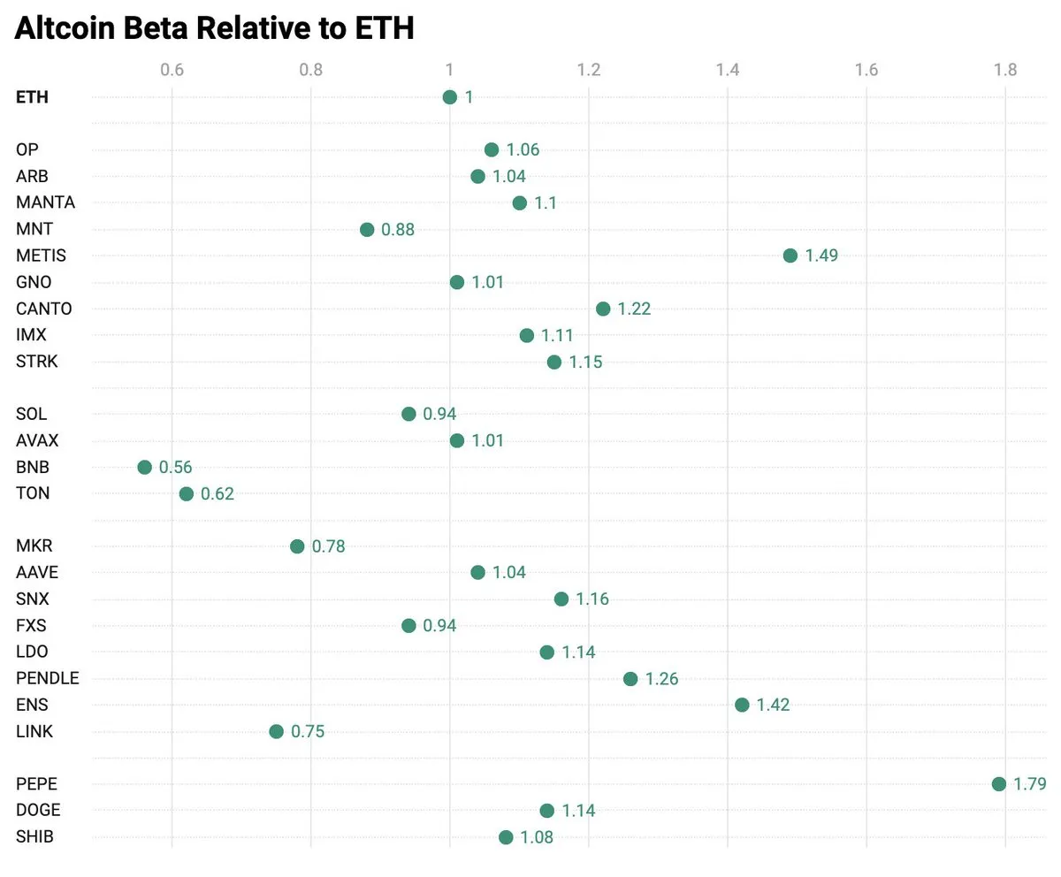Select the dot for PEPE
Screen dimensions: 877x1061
998,784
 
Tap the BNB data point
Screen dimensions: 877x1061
144,467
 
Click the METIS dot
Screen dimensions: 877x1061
790,255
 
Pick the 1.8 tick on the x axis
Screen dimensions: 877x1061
1005,70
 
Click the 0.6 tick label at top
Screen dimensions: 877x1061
172,70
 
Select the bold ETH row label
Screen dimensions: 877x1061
32,97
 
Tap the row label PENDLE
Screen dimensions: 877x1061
47,679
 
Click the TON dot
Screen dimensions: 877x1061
186,493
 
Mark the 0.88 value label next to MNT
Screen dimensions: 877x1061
397,230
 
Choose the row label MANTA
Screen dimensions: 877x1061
45,202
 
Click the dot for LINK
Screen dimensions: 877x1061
276,731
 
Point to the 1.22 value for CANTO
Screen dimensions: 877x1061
634,309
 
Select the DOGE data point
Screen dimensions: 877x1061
546,811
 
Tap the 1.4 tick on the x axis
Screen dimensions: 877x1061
728,70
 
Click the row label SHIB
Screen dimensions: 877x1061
34,837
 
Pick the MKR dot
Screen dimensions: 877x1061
297,546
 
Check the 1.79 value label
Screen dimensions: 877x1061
1030,785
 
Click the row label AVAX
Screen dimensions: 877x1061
37,440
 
